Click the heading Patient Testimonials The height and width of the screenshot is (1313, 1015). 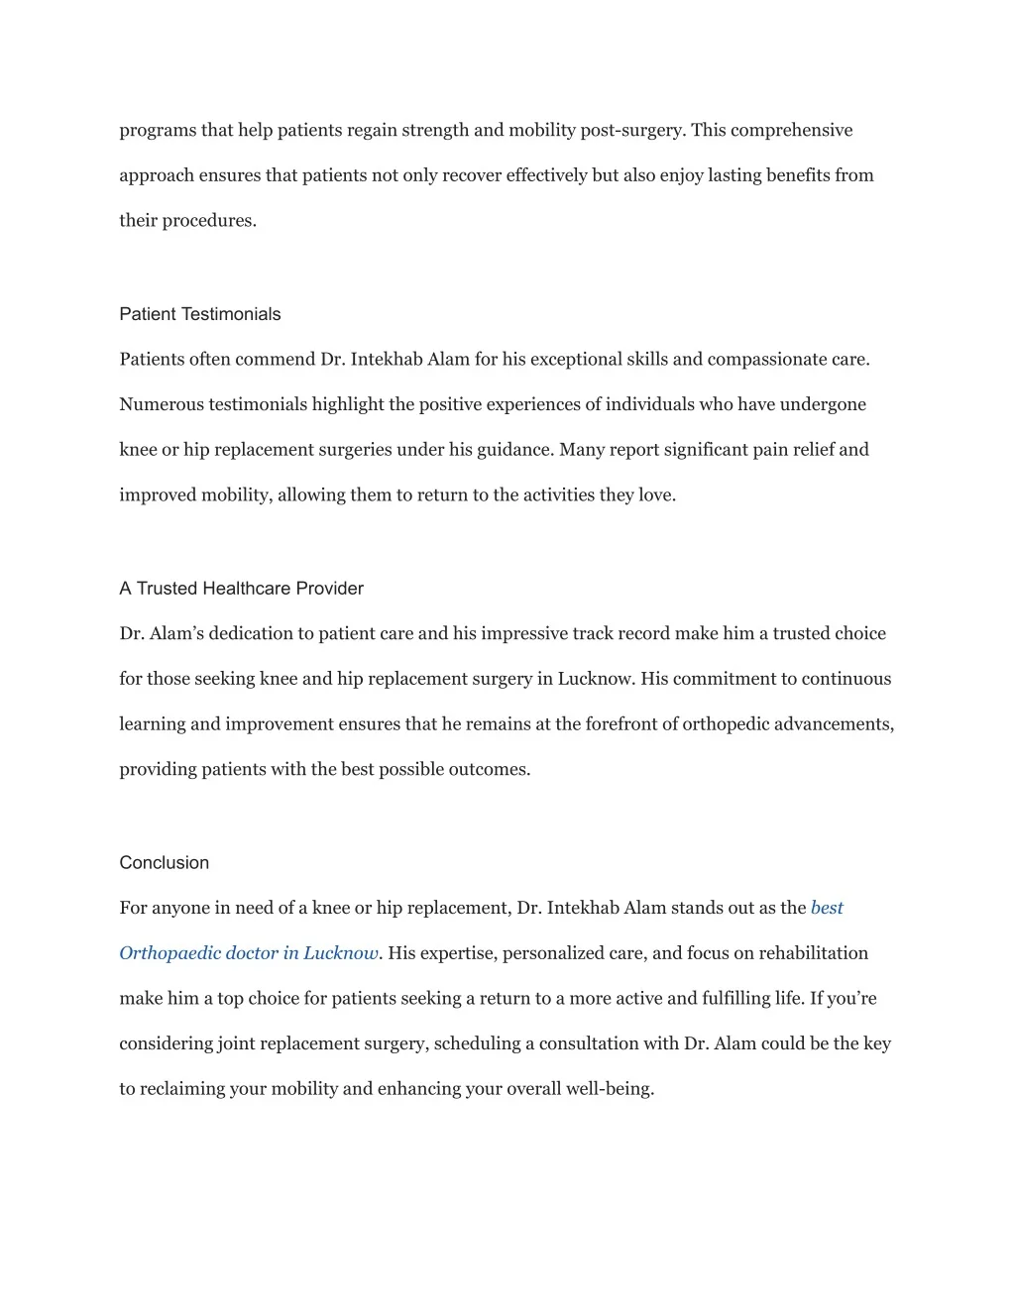coord(199,314)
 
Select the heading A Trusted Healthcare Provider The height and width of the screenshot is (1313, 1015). coord(241,589)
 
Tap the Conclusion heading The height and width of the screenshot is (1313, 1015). coord(164,863)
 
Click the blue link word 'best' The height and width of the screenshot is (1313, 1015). coord(827,908)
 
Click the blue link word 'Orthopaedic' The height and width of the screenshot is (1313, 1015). coord(169,953)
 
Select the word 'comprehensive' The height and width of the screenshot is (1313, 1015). coord(791,131)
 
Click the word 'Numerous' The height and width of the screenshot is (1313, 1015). coord(156,404)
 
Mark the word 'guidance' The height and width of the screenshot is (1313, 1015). coord(513,450)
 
